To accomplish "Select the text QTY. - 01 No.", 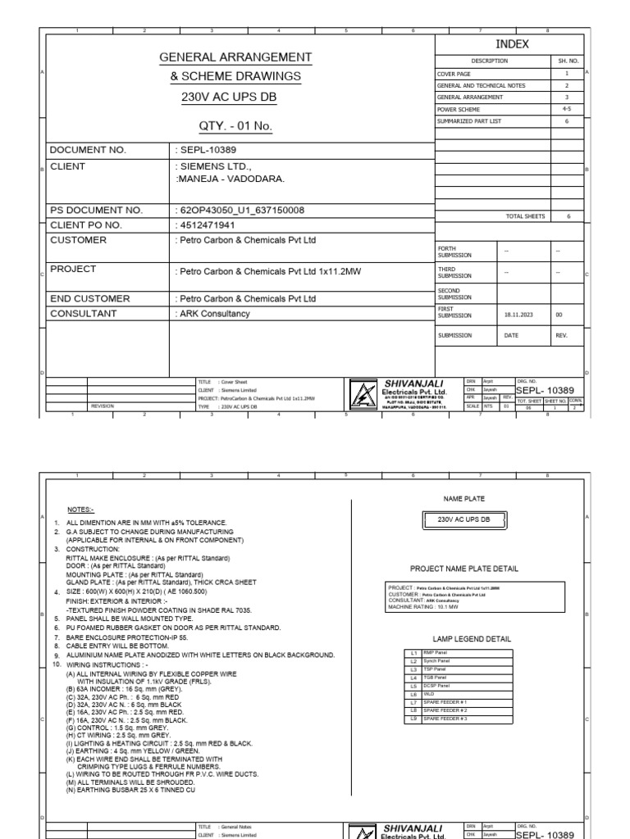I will pyautogui.click(x=235, y=126).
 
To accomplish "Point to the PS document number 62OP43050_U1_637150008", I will pyautogui.click(x=240, y=210).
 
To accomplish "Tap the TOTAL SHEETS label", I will pyautogui.click(x=523, y=215).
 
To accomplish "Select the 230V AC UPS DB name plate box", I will pyautogui.click(x=464, y=519).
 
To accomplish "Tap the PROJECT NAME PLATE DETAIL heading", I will pyautogui.click(x=464, y=567).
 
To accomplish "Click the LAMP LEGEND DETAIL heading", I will pyautogui.click(x=464, y=638).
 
